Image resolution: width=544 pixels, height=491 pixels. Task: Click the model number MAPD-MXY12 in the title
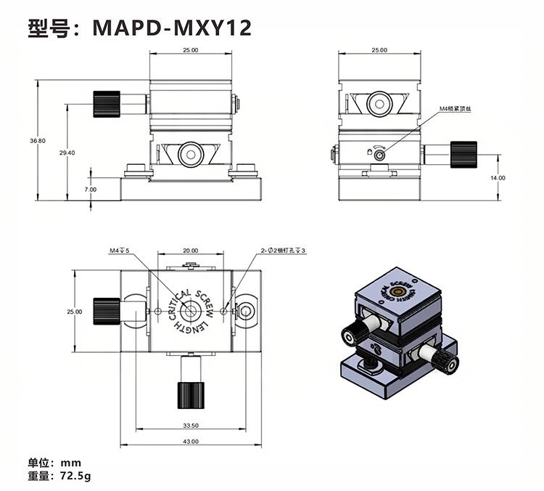[172, 28]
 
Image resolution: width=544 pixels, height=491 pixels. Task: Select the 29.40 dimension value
[67, 153]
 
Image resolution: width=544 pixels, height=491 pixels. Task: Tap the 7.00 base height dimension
[90, 190]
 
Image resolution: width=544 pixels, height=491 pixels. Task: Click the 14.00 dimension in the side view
[497, 177]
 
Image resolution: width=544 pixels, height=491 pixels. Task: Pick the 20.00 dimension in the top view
[191, 251]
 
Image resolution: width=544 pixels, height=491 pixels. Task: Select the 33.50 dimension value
[191, 426]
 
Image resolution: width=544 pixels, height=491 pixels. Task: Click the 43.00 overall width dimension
[191, 442]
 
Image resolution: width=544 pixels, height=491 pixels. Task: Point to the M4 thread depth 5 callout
[119, 251]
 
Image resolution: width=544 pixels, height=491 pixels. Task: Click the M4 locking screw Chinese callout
[458, 109]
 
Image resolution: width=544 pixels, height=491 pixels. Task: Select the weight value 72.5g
[77, 476]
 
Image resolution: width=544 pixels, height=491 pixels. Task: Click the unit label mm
[71, 463]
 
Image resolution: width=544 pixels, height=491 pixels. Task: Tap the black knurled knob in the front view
[106, 104]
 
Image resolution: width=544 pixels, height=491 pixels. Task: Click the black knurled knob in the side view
[463, 154]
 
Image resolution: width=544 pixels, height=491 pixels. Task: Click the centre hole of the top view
[191, 311]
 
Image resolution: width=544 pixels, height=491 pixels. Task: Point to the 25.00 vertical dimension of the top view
[75, 311]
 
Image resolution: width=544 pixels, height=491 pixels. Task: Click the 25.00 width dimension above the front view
[190, 50]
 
